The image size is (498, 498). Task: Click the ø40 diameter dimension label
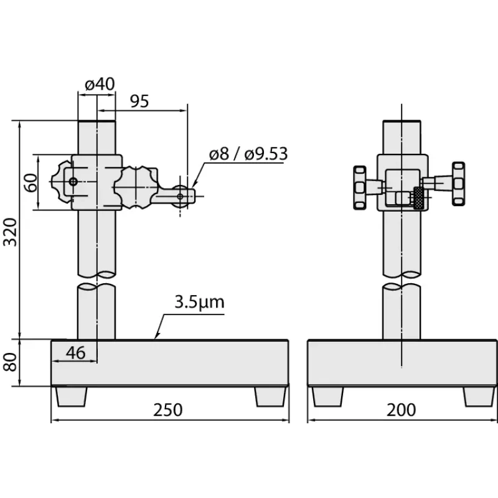pos(100,84)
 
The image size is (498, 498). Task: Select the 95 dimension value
pos(139,101)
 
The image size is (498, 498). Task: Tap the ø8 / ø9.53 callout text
pos(248,154)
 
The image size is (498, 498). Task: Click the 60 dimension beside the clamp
pos(31,183)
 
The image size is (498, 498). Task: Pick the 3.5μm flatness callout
pos(199,303)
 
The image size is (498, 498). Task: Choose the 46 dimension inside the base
pos(76,353)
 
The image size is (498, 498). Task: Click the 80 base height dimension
pos(10,362)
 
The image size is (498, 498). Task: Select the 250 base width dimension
pos(168,410)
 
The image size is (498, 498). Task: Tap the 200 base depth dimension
pos(401,410)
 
